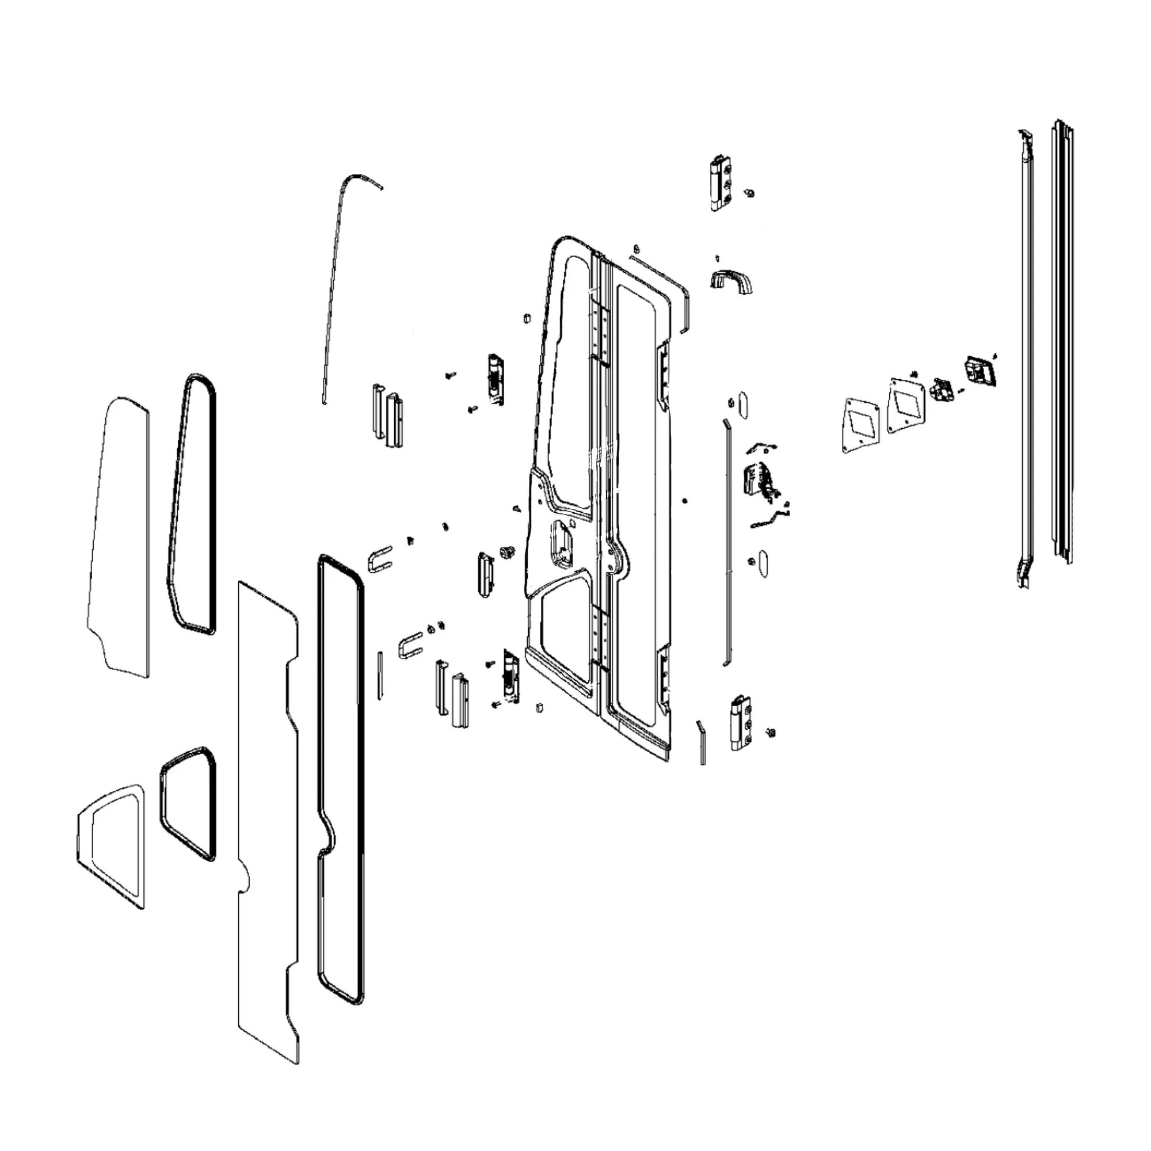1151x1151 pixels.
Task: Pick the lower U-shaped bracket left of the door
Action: click(x=410, y=647)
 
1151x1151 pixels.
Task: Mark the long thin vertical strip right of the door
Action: click(x=726, y=542)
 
